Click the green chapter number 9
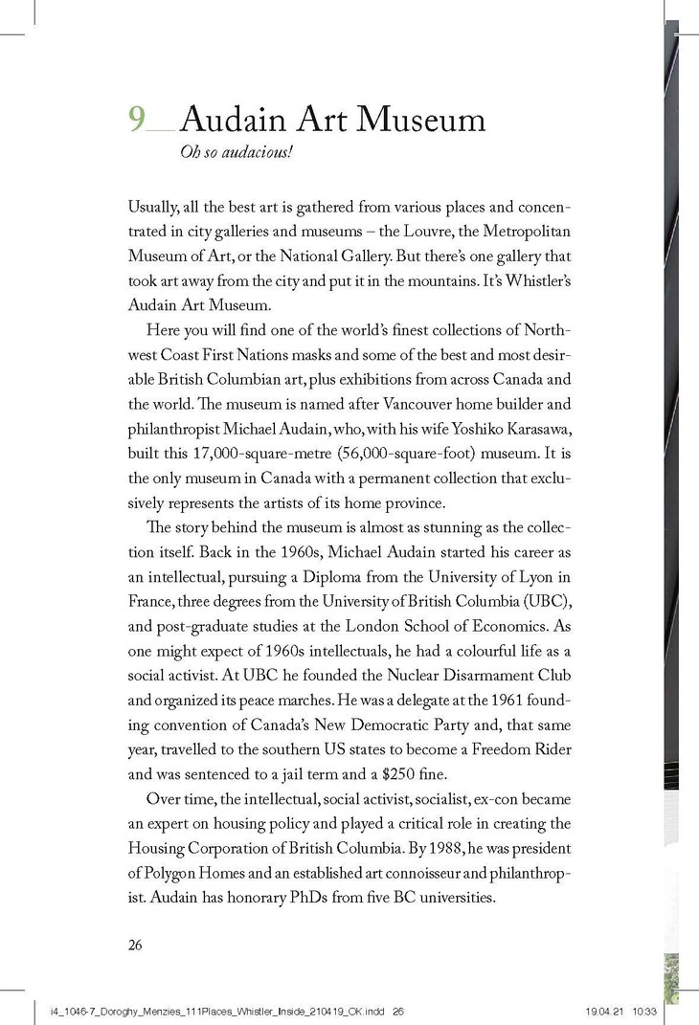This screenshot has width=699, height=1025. point(137,119)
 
